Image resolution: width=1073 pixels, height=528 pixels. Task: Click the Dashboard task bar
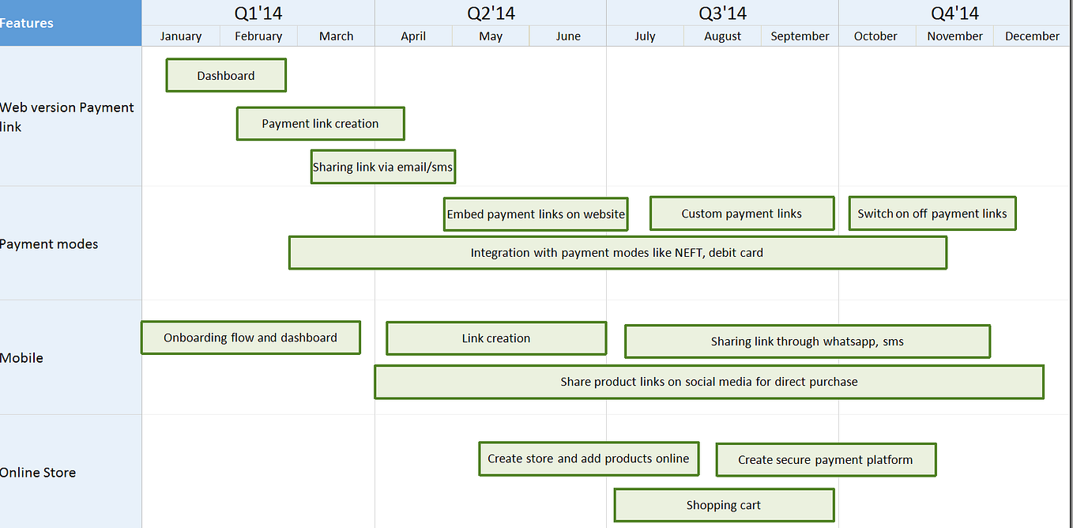click(226, 76)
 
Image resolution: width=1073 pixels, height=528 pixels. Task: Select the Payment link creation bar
click(320, 124)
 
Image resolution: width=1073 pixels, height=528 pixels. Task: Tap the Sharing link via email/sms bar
click(383, 167)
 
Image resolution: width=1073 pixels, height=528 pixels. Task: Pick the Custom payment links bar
click(742, 213)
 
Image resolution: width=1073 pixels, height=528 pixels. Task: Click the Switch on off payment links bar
click(932, 213)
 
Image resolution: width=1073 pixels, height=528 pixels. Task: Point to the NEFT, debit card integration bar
click(617, 253)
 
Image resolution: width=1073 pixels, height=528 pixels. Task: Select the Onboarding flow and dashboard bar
click(250, 338)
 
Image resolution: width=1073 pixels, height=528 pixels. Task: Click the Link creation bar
click(496, 338)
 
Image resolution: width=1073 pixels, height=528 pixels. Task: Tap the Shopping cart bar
click(724, 505)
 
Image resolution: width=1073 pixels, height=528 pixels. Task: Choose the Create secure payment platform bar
click(826, 459)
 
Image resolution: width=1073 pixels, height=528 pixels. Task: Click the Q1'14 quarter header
click(258, 13)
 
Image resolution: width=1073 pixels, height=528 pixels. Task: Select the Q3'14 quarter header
click(723, 13)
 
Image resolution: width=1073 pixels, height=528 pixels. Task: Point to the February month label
click(258, 36)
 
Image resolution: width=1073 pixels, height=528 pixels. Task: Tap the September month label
click(800, 36)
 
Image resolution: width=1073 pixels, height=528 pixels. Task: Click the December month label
click(1032, 36)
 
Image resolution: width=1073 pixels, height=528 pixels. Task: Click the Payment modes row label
click(49, 244)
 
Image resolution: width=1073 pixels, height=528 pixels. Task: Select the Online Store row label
click(38, 473)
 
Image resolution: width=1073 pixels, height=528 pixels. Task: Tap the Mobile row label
click(22, 358)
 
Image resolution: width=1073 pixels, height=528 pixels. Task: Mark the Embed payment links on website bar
click(536, 214)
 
